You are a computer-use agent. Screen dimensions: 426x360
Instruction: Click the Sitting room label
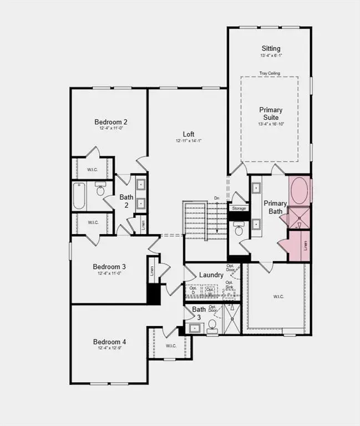[x=271, y=49]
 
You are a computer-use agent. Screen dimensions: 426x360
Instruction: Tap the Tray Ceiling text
[x=270, y=73]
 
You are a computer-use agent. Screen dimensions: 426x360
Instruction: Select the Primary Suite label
[x=271, y=114]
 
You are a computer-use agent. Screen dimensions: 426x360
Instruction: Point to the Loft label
[x=189, y=134]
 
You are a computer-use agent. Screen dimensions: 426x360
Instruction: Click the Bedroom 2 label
[x=111, y=122]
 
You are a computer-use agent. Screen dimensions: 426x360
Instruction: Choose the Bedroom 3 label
[x=109, y=266]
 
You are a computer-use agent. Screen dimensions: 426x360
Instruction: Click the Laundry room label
[x=211, y=275]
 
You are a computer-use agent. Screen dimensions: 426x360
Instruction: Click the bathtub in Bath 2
[x=79, y=196]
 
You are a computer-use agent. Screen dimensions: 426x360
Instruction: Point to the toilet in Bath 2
[x=101, y=190]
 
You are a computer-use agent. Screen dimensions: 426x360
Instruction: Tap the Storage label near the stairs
[x=239, y=209]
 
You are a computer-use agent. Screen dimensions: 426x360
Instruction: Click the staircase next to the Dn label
[x=205, y=221]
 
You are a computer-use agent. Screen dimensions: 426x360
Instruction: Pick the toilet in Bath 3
[x=212, y=326]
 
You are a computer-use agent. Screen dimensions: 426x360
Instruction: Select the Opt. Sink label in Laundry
[x=229, y=285]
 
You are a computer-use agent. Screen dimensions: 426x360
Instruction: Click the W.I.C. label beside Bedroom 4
[x=171, y=346]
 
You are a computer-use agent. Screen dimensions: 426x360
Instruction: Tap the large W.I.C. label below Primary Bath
[x=278, y=297]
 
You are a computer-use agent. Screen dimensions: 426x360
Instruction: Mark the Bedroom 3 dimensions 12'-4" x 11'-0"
[x=109, y=273]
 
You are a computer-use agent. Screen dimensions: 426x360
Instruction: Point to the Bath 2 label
[x=126, y=200]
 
